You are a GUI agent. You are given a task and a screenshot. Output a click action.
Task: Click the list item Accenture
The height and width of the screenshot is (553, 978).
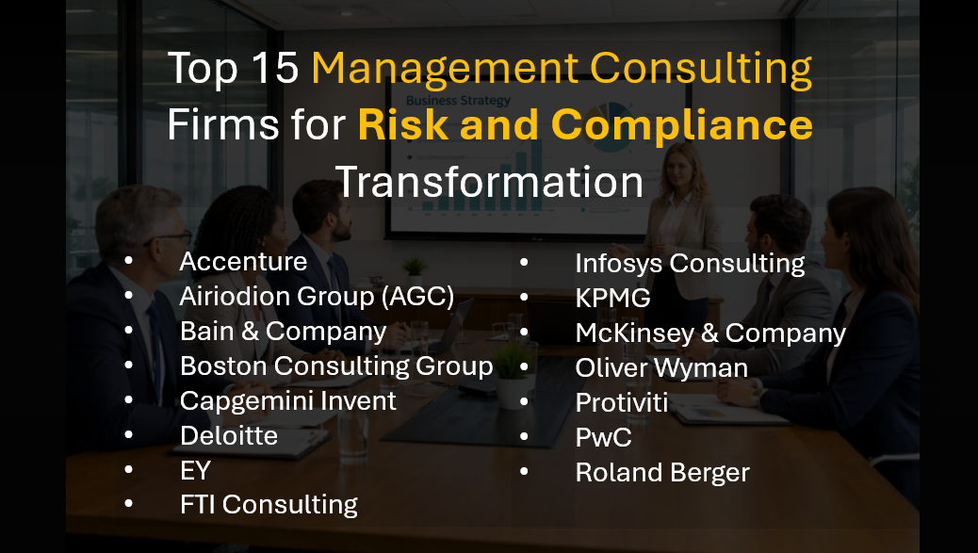tap(243, 261)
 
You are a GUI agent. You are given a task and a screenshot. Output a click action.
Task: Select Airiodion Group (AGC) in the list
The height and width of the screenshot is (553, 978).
tap(317, 297)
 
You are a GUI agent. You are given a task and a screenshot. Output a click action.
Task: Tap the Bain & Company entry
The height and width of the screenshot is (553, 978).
tap(283, 332)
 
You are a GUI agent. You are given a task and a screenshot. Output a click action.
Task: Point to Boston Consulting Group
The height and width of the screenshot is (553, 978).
tap(336, 366)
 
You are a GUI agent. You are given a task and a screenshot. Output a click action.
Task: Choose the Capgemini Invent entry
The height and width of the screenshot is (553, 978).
tap(288, 400)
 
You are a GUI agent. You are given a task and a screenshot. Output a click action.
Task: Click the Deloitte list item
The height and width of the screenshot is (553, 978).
tap(229, 435)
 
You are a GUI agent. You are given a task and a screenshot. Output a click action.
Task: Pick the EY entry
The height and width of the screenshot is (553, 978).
tap(195, 470)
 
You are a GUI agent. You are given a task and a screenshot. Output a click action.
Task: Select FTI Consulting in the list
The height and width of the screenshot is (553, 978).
tap(269, 505)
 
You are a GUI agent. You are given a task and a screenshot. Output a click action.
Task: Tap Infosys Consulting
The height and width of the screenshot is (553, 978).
tap(690, 264)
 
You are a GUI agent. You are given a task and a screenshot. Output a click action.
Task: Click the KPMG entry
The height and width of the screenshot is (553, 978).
tap(612, 299)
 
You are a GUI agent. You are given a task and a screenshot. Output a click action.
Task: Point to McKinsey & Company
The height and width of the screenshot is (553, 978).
tap(710, 333)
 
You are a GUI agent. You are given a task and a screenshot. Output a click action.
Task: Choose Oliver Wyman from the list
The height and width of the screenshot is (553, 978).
tap(661, 368)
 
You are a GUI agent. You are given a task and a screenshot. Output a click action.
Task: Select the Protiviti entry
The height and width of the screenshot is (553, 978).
tap(622, 403)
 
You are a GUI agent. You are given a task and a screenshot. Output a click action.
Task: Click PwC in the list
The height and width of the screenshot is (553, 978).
tap(603, 438)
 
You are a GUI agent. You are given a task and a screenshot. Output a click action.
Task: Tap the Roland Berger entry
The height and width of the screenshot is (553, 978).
tap(662, 473)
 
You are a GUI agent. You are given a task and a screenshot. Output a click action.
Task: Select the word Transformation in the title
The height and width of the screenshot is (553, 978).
tap(489, 181)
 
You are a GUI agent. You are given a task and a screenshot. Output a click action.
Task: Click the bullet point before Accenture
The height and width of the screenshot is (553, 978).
tap(128, 261)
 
